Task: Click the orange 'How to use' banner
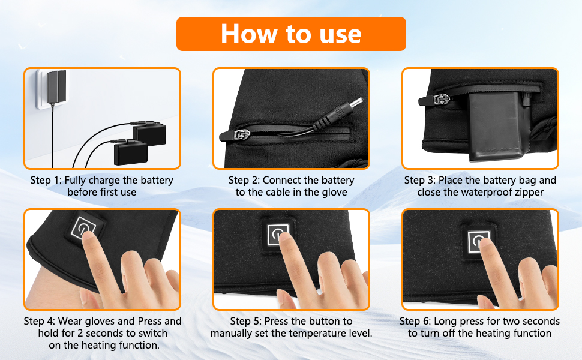[x=291, y=34]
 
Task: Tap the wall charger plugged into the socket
[x=56, y=87]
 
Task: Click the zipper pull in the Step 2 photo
[x=235, y=135]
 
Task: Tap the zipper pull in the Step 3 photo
[x=435, y=100]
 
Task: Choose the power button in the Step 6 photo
[x=479, y=242]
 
